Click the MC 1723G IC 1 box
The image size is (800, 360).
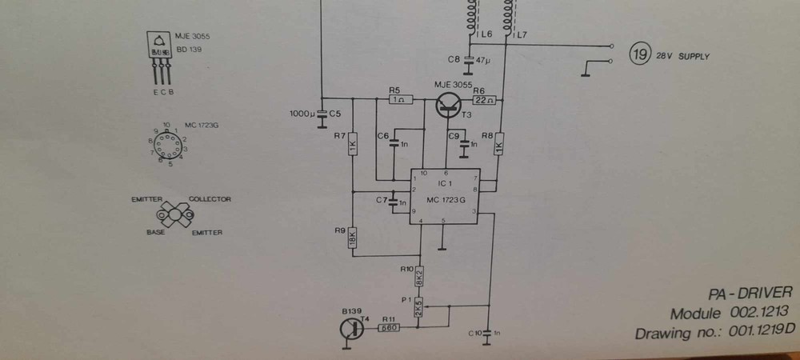pos(443,197)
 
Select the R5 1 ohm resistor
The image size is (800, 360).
pos(400,100)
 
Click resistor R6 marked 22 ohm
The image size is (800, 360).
pos(484,100)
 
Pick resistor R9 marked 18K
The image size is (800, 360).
pos(352,238)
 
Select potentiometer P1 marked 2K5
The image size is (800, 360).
pos(418,306)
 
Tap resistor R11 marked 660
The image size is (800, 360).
pos(389,326)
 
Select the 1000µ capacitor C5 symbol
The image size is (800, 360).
pos(321,114)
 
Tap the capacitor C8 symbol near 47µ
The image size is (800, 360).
pos(468,60)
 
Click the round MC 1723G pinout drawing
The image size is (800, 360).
pos(166,145)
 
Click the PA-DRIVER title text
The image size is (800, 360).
pos(754,292)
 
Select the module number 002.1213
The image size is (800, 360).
pos(759,313)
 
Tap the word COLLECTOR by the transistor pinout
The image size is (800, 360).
pos(210,199)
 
